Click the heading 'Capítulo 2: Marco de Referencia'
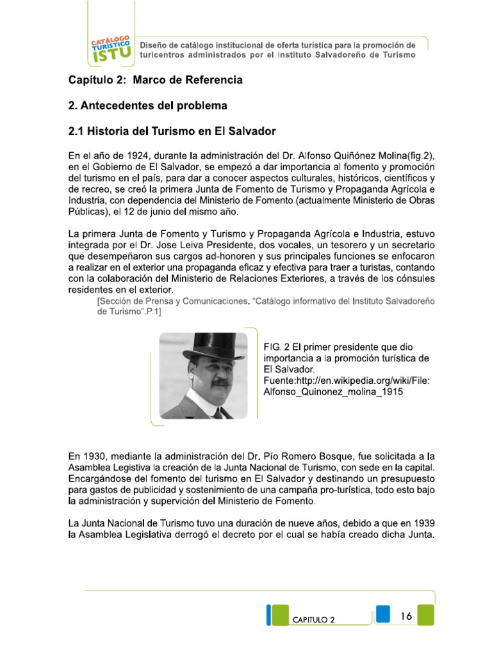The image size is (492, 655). coord(156,81)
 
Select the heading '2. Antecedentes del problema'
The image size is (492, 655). coord(148,106)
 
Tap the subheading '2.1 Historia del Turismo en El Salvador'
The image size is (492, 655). coord(172,131)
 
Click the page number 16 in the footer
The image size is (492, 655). coord(406,616)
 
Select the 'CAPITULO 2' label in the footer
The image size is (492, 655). coord(313,620)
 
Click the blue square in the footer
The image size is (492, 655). coord(383,612)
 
